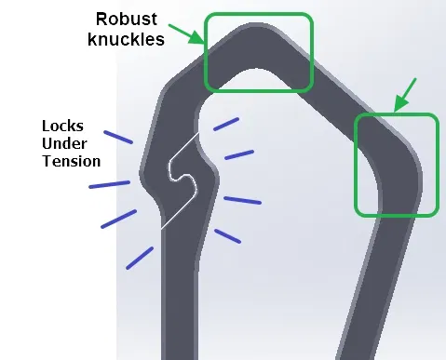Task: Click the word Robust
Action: click(x=130, y=18)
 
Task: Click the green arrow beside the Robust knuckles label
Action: click(x=196, y=36)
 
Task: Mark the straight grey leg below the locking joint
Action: click(x=179, y=288)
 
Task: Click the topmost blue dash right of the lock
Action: click(x=225, y=124)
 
